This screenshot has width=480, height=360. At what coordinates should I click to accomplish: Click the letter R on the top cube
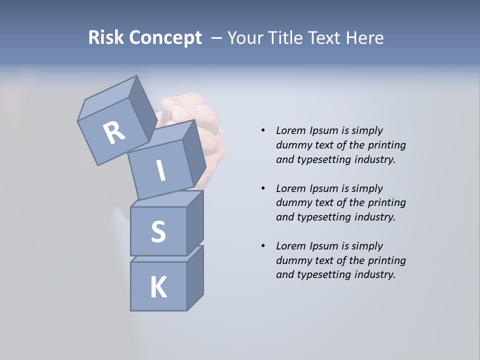point(114,133)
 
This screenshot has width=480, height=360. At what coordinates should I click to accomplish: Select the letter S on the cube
point(158,231)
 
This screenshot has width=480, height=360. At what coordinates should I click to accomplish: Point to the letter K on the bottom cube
point(158,287)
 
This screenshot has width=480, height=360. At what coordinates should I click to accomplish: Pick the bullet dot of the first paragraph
point(263,130)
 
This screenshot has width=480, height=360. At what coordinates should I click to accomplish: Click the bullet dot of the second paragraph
point(263,188)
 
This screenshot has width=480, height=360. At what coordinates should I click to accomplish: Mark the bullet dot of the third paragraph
point(263,246)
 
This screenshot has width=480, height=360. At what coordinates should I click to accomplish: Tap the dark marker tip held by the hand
point(166,115)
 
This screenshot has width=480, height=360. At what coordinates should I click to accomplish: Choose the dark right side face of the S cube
point(195,222)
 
